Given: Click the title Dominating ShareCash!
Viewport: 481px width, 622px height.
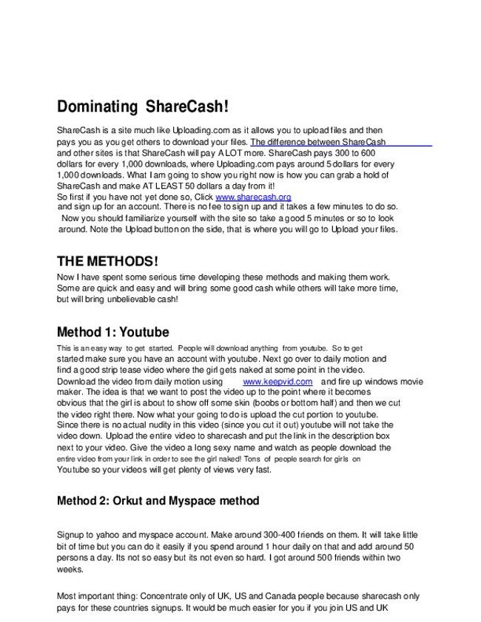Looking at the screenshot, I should (137, 107).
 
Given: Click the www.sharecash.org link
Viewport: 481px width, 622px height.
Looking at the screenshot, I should (253, 197).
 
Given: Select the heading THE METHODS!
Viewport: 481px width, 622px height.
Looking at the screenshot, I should (107, 262).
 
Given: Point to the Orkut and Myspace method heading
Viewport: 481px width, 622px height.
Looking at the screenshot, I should (158, 501).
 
